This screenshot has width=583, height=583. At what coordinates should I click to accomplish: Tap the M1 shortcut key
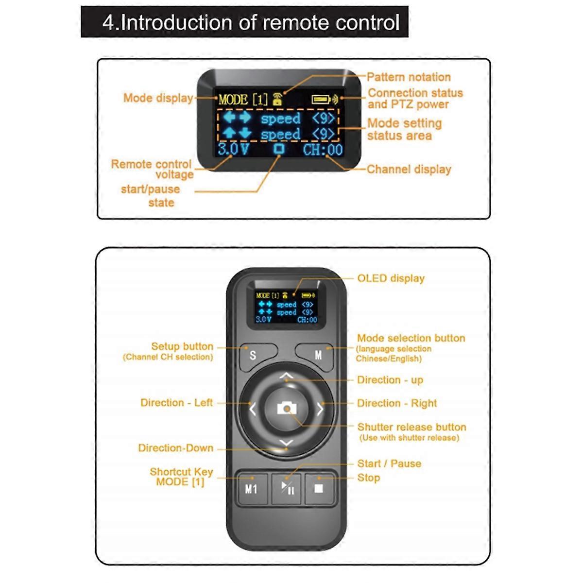click(x=251, y=488)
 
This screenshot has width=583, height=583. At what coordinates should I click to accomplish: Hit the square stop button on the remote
click(x=319, y=488)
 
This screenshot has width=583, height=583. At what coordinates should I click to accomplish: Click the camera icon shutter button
click(x=287, y=408)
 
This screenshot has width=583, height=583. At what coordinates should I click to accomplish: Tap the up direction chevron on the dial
click(x=287, y=376)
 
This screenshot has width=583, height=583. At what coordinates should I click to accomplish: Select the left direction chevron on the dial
click(x=252, y=409)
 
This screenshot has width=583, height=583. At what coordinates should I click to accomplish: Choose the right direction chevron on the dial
click(x=320, y=409)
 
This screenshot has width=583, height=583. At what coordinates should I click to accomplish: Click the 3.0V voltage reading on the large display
click(x=233, y=149)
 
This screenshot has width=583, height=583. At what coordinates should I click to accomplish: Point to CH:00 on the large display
click(x=323, y=150)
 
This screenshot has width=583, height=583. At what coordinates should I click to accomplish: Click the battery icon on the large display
click(x=321, y=100)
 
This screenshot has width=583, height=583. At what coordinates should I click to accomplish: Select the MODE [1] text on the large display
click(x=243, y=100)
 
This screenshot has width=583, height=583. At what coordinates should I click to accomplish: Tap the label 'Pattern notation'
click(x=409, y=77)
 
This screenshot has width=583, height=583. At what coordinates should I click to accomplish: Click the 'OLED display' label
click(x=391, y=278)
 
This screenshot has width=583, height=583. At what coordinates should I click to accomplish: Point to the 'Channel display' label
click(x=409, y=169)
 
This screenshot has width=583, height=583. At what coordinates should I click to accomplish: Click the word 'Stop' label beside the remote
click(x=368, y=478)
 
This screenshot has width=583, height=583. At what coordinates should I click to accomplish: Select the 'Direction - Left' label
click(x=176, y=403)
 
